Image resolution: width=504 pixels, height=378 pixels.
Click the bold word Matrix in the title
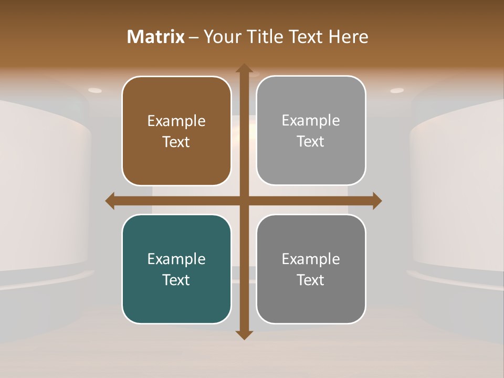(x=156, y=37)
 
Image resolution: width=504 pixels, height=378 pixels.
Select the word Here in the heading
(x=349, y=37)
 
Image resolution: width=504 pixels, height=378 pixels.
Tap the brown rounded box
(x=176, y=131)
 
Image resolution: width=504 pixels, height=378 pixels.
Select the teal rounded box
(x=176, y=269)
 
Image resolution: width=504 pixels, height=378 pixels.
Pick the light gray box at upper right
(x=311, y=130)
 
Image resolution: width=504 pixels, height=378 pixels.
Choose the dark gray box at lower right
(x=311, y=269)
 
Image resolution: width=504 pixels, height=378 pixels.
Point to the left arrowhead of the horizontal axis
(x=110, y=201)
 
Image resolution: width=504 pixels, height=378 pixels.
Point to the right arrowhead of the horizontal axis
(x=376, y=201)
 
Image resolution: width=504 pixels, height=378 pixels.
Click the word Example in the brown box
(x=176, y=121)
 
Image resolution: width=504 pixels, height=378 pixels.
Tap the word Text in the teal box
(x=176, y=280)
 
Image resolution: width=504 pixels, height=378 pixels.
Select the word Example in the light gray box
(x=311, y=121)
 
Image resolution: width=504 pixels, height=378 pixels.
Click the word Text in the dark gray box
(x=311, y=280)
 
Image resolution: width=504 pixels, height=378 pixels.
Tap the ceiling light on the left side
(x=95, y=90)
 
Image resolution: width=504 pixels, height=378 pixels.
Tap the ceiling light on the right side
(x=397, y=90)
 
